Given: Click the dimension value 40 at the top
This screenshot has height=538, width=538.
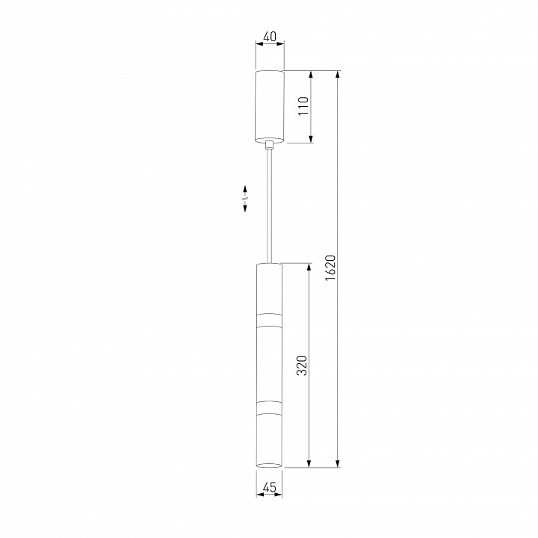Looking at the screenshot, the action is click(x=269, y=37).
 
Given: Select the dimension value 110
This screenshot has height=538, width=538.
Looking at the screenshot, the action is click(x=303, y=106).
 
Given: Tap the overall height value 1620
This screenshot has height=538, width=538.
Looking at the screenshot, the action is click(x=330, y=268).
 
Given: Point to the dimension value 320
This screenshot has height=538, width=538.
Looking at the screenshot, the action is click(x=302, y=365).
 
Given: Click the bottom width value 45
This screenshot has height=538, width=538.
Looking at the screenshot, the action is click(x=269, y=487).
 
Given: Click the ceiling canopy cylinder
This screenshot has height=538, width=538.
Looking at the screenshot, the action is click(x=270, y=106).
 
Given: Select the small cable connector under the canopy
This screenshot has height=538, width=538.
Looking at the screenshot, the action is click(x=270, y=145).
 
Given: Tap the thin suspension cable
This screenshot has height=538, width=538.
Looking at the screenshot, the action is click(x=270, y=206).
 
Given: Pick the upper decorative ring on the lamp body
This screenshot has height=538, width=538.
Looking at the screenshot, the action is click(x=269, y=320).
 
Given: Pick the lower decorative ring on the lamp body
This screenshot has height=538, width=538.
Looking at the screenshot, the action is click(x=269, y=407).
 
